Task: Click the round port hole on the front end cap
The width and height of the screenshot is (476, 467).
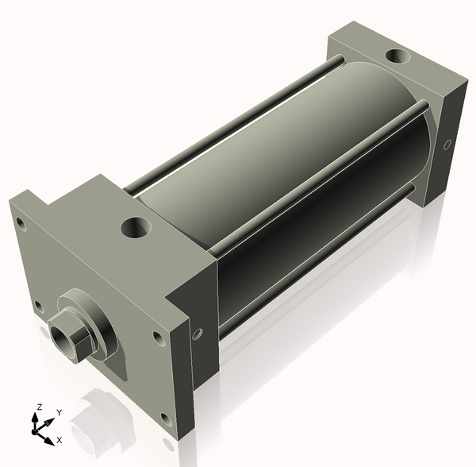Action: tap(136, 228)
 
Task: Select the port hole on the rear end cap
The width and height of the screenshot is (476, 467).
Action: tap(398, 56)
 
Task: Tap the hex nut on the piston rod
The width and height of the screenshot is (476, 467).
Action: tap(71, 337)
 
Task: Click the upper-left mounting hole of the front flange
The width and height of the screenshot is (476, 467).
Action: tap(21, 224)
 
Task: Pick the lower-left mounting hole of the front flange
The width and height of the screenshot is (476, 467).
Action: tap(39, 307)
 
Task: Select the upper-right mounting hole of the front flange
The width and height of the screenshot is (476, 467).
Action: tap(158, 338)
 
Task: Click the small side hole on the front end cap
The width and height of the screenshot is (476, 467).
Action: tap(198, 334)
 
